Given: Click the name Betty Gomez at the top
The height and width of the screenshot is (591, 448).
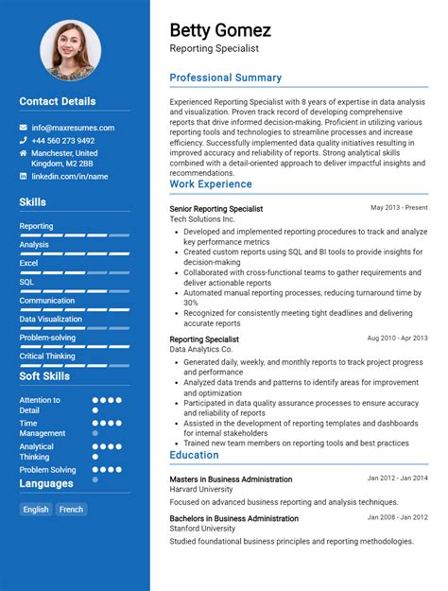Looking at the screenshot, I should (x=220, y=30).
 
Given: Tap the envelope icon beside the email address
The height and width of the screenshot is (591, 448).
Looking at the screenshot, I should (x=24, y=128).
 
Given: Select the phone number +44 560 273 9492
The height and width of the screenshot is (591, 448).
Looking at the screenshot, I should (x=62, y=141).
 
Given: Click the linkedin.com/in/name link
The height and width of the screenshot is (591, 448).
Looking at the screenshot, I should (x=69, y=176).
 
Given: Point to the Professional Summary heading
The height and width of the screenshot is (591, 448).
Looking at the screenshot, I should (x=225, y=78).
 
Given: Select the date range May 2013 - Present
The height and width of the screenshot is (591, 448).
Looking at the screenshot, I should (x=399, y=207).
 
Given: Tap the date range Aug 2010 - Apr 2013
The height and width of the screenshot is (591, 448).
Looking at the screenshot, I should (x=397, y=338).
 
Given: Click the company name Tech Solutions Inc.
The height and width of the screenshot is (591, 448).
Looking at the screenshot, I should (x=201, y=219).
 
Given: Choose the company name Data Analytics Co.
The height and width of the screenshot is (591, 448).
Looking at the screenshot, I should (x=200, y=350).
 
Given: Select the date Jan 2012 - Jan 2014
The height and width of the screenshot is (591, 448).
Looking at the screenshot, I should (x=397, y=478).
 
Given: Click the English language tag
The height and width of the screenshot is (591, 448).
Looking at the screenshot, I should (x=36, y=509).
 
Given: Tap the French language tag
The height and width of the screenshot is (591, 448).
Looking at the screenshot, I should (x=71, y=509).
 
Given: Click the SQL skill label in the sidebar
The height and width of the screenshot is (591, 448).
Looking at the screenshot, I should (x=26, y=282).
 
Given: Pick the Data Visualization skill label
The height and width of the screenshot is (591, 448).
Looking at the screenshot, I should (x=50, y=319).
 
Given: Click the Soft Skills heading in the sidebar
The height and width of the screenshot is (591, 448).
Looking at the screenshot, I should (x=44, y=376).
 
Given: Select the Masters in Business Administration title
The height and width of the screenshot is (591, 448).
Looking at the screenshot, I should (x=231, y=479).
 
